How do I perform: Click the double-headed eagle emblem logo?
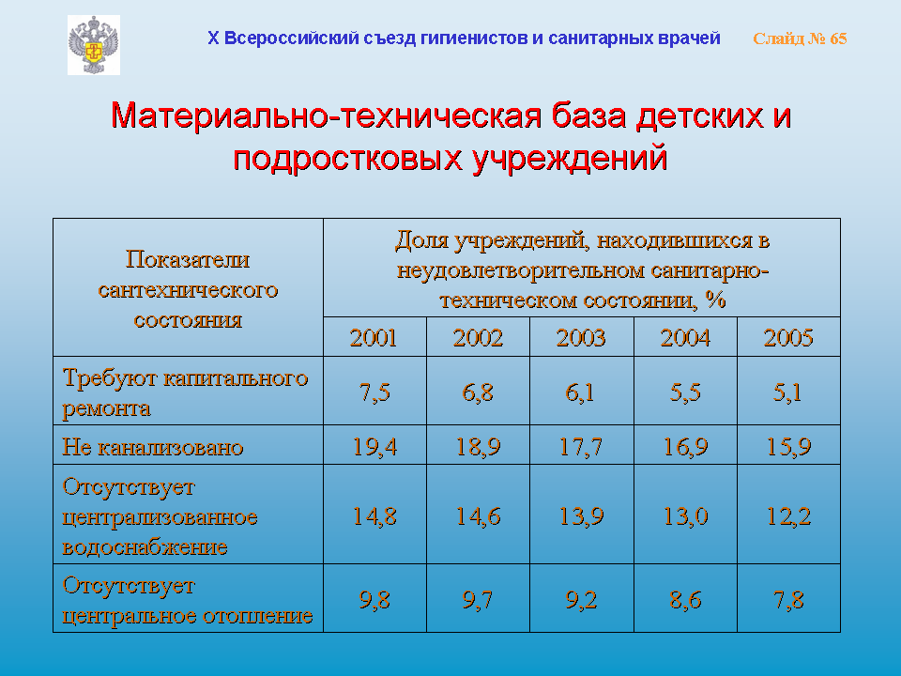click(94, 45)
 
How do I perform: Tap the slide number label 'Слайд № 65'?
click(800, 38)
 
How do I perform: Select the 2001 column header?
click(374, 337)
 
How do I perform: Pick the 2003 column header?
click(581, 337)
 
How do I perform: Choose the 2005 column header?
click(788, 337)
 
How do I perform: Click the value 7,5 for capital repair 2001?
click(374, 392)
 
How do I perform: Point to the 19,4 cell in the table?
click(374, 446)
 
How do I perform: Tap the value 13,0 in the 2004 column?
click(685, 515)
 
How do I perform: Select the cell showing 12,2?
click(788, 515)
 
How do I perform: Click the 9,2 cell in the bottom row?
click(581, 600)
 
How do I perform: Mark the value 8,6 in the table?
click(685, 600)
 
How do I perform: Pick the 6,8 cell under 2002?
click(478, 392)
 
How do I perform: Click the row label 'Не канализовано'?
click(153, 447)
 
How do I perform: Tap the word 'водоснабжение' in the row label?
click(145, 546)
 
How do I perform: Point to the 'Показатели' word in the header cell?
click(188, 259)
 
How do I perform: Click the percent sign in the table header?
click(715, 300)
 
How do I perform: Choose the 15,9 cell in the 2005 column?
click(788, 446)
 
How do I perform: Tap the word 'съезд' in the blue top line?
click(389, 38)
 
